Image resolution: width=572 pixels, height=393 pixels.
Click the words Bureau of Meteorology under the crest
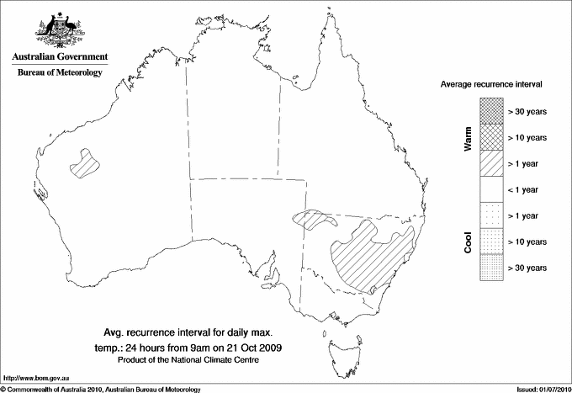(59, 73)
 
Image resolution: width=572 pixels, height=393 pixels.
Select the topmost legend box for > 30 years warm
(491, 110)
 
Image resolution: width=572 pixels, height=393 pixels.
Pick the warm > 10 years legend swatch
(491, 136)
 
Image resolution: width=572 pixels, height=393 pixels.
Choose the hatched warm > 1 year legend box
(491, 162)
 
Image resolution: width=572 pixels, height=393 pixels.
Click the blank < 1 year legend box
(491, 189)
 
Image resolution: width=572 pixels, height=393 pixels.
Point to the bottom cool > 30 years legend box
(491, 268)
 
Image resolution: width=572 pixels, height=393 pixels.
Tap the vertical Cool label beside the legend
(469, 242)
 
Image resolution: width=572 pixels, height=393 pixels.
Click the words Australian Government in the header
(59, 57)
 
